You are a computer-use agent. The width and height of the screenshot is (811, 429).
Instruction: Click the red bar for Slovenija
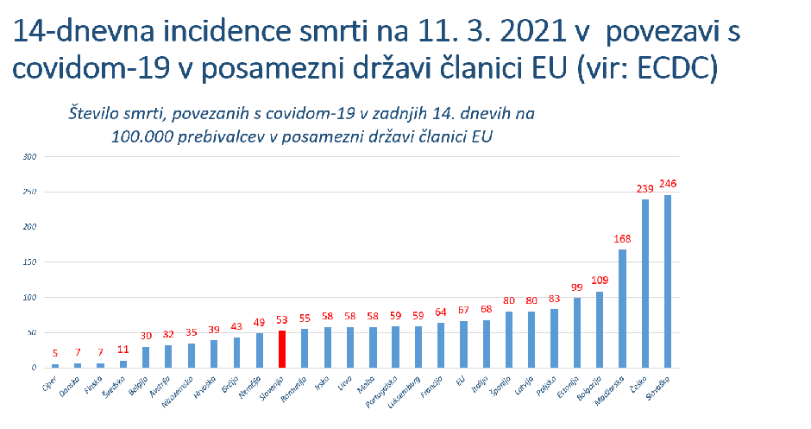pyautogui.click(x=281, y=349)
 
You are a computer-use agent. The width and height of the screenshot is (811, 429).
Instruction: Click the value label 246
pyautogui.click(x=668, y=184)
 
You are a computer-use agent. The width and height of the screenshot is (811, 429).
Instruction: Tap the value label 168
pyautogui.click(x=622, y=239)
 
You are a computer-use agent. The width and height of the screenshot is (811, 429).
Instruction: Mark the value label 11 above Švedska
pyautogui.click(x=123, y=350)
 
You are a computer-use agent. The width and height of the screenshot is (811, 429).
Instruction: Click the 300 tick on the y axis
pyautogui.click(x=30, y=156)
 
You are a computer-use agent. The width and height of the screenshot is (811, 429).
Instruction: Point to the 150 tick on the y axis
pyautogui.click(x=30, y=262)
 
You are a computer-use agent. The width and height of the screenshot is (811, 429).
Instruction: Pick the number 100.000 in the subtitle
pyautogui.click(x=141, y=136)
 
